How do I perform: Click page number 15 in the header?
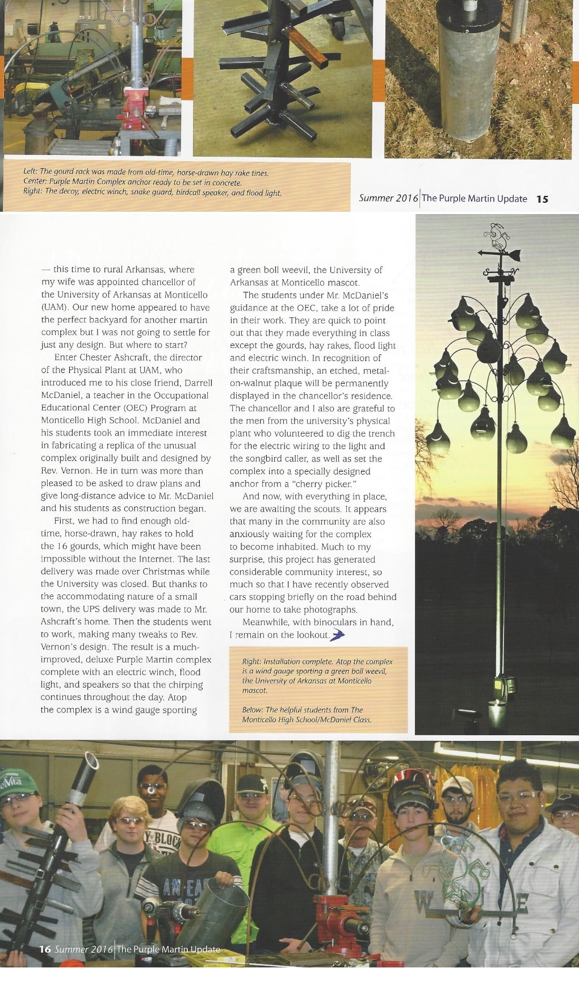[x=542, y=199]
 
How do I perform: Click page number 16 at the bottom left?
[x=45, y=949]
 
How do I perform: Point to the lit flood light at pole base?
[x=496, y=709]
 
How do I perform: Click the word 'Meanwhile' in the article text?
[x=262, y=622]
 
